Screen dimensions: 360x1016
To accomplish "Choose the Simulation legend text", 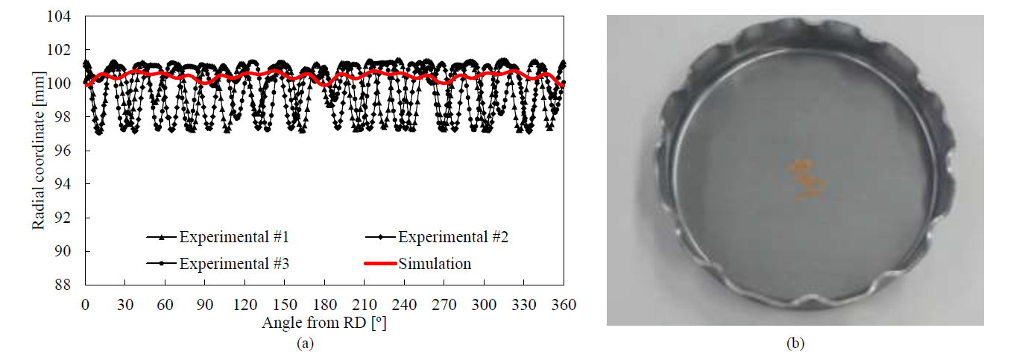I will (x=435, y=264).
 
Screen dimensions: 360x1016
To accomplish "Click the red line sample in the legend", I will (x=380, y=264).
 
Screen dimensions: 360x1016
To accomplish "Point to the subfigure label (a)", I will (x=305, y=344).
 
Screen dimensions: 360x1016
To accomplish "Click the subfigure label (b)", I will (x=795, y=344).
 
